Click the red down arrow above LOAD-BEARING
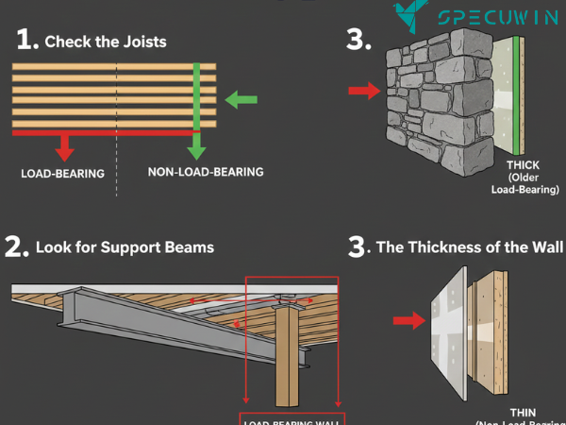pos(65,147)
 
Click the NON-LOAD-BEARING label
pos(205,173)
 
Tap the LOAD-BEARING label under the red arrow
pos(63,174)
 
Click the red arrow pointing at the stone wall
pos(362,91)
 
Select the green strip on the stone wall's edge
pos(518,94)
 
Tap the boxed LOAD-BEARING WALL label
pos(292,420)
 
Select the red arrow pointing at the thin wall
pos(408,321)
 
